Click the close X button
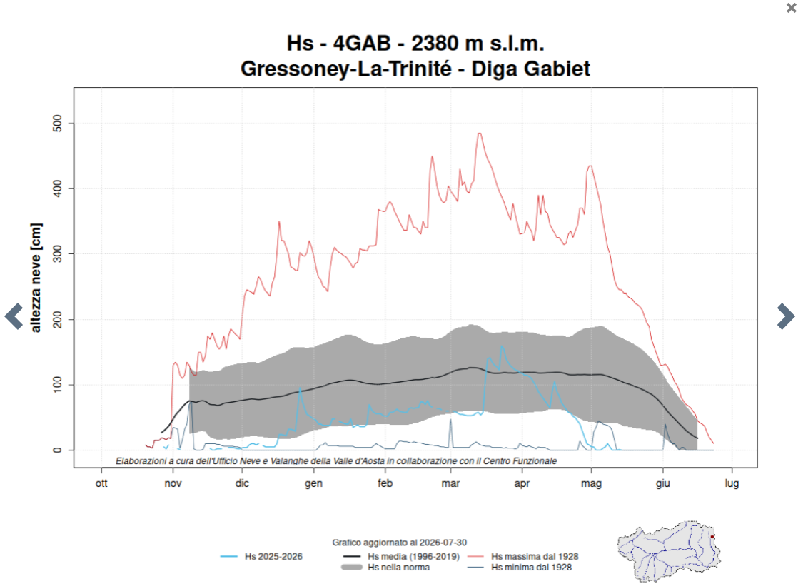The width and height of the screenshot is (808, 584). (791, 8)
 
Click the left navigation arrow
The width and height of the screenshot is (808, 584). (14, 316)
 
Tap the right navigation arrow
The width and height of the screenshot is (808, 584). (785, 316)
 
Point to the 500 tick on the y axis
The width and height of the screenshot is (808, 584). (57, 124)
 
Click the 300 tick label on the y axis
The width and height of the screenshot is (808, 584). (57, 254)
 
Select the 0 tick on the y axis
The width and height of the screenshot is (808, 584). (57, 450)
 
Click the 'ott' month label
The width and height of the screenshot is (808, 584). (101, 483)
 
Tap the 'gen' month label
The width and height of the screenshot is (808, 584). (313, 483)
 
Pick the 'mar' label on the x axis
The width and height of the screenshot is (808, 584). (450, 483)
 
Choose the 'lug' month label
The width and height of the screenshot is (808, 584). (732, 483)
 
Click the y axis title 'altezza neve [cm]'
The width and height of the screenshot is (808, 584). (36, 278)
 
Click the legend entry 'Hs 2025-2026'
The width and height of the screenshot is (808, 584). (273, 557)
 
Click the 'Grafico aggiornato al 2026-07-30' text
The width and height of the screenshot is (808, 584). (400, 543)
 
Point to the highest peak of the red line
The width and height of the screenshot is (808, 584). (479, 134)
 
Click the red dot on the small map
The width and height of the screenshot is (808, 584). (712, 537)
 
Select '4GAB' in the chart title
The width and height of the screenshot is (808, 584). (362, 44)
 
